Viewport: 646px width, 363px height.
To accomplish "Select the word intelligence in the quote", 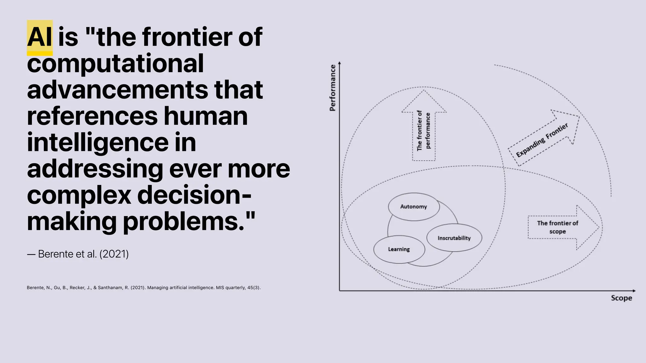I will click(98, 143).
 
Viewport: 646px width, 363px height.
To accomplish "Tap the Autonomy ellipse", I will click(414, 207).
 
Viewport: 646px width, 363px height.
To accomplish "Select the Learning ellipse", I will click(399, 249).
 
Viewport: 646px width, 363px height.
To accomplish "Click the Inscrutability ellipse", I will click(454, 238).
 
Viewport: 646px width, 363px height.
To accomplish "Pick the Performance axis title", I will click(332, 88).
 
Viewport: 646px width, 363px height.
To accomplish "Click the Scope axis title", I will click(621, 298).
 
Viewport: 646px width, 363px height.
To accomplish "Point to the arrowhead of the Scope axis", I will click(634, 291).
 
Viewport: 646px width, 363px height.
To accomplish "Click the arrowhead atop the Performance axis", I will click(339, 63).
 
